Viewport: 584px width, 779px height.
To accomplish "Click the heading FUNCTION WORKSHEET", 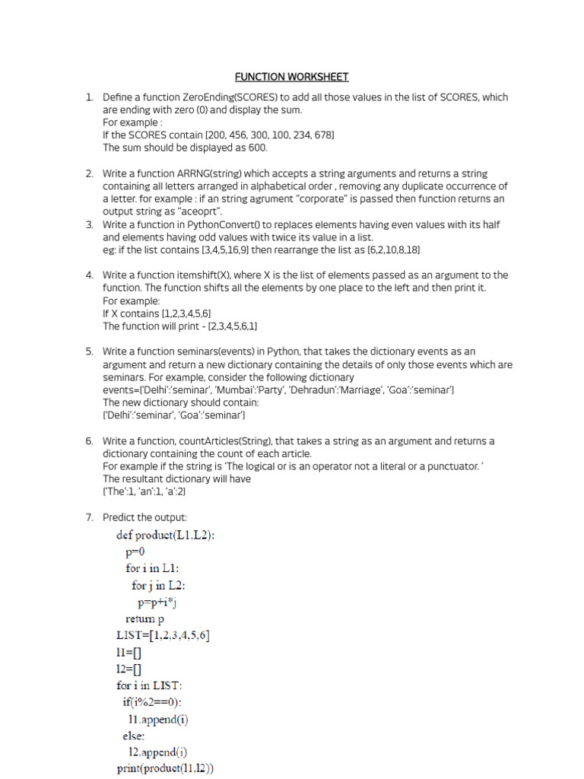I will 291,77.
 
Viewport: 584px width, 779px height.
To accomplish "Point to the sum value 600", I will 257,148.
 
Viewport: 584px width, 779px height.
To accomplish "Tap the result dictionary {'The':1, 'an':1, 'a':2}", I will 144,491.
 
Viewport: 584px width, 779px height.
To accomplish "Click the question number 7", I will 89,517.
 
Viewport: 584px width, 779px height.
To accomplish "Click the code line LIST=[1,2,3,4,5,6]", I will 163,635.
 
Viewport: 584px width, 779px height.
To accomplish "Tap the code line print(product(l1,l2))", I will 165,769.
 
